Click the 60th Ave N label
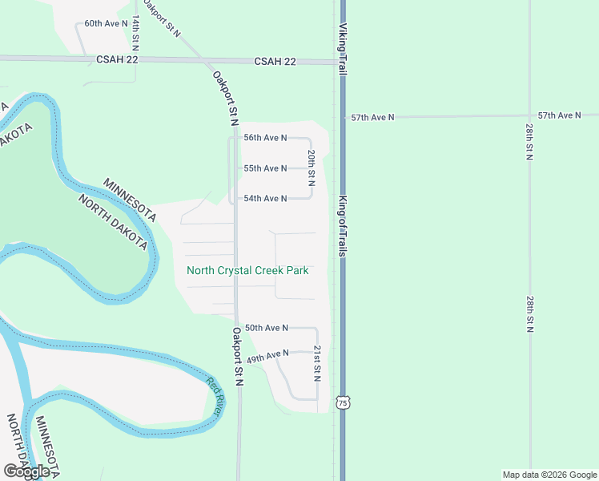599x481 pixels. coord(107,23)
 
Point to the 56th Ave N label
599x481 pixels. coord(265,138)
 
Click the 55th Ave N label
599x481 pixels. coord(265,168)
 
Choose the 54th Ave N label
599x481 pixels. coord(265,198)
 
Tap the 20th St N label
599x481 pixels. coord(311,164)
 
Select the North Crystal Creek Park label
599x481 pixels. coord(247,270)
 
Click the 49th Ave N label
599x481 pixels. coord(267,355)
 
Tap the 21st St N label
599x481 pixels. coord(317,363)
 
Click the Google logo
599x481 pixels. coord(26,471)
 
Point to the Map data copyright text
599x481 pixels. coord(549,475)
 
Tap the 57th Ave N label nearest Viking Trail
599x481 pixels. coord(373,117)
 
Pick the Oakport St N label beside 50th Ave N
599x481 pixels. coord(238,356)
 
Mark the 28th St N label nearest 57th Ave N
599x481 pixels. coord(529,141)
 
